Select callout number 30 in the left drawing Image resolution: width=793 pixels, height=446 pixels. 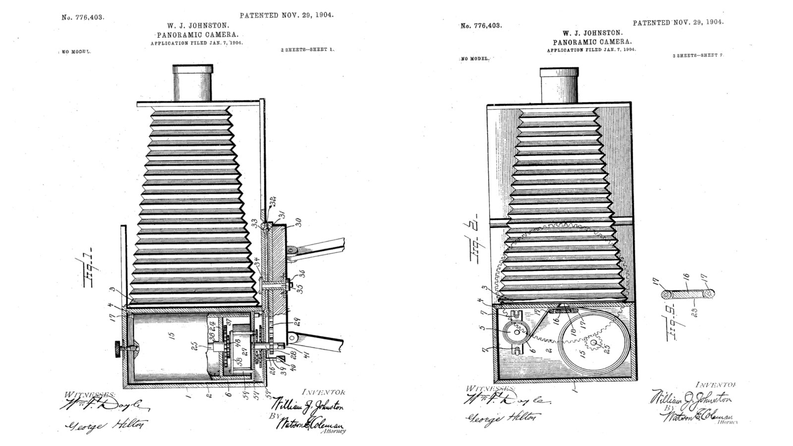298,223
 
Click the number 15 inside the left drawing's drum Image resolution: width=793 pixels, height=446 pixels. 171,335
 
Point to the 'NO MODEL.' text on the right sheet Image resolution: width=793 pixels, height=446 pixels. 475,58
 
